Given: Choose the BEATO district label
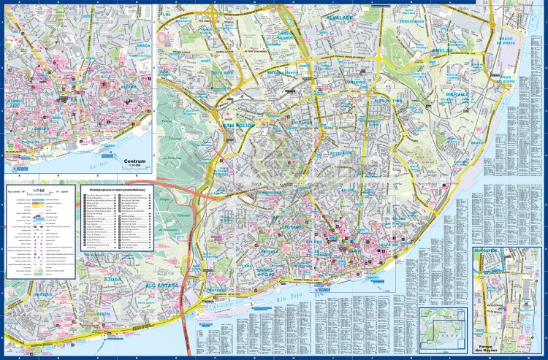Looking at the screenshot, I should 476,142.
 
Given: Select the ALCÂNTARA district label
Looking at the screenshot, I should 161,286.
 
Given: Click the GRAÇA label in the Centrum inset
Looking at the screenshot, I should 143,45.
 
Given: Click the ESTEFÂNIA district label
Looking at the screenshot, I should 340,154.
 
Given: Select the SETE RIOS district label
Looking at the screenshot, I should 223,74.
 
